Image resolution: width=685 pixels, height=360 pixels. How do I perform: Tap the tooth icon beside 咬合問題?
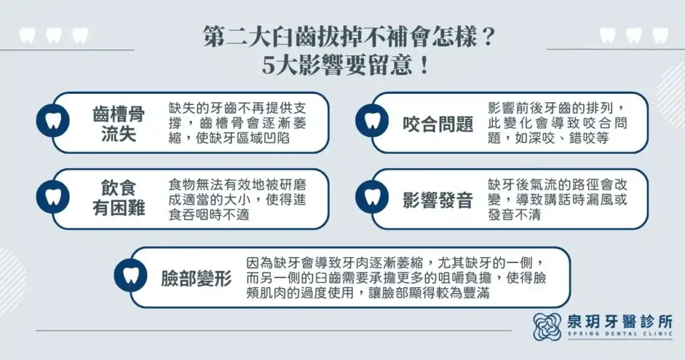[x=369, y=122]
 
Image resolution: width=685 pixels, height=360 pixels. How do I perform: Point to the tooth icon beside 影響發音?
[x=369, y=198]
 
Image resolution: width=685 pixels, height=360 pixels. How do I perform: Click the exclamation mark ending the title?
[x=421, y=68]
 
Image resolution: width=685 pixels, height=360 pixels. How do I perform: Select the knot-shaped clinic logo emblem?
[x=547, y=327]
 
